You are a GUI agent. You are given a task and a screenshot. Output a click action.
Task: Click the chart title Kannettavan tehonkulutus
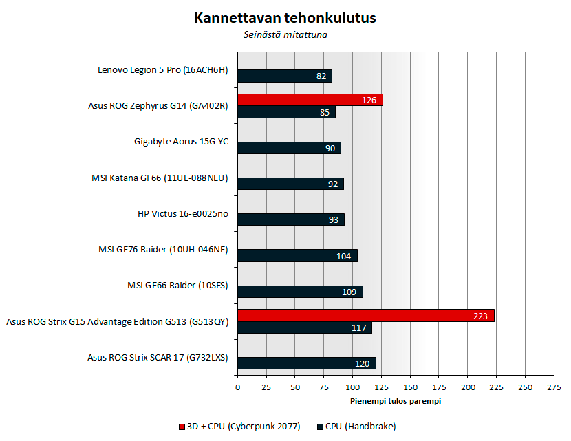(285, 18)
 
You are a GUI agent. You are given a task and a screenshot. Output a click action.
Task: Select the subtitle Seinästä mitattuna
(285, 35)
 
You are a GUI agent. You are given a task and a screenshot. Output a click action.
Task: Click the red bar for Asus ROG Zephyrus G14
(310, 100)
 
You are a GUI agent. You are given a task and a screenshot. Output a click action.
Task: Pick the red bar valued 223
(365, 315)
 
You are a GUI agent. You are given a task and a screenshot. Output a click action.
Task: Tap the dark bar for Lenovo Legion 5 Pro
(284, 76)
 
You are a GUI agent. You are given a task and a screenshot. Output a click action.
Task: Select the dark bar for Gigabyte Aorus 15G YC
(289, 148)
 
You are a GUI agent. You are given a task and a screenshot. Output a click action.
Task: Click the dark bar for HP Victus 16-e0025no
(290, 219)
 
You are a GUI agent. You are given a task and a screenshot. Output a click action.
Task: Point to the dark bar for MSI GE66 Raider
(299, 292)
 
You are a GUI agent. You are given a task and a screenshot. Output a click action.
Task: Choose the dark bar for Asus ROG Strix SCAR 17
(306, 363)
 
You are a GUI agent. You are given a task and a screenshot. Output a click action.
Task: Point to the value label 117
(358, 328)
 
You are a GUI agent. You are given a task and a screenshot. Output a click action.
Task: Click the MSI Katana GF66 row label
(160, 179)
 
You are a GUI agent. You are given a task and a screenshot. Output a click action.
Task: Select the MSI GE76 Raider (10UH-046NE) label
(164, 250)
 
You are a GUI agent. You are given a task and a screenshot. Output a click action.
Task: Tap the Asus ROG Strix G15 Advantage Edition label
(117, 322)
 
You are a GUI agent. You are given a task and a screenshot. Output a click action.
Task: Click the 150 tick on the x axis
(410, 388)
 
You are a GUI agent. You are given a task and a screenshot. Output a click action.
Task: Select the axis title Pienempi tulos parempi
(396, 400)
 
